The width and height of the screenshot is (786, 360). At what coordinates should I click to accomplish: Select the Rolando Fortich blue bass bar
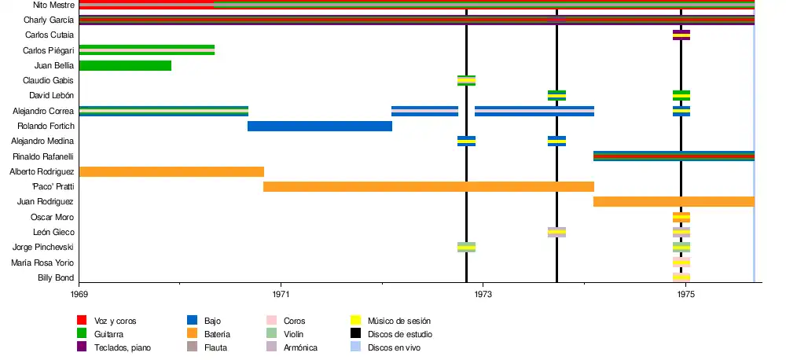tap(320, 126)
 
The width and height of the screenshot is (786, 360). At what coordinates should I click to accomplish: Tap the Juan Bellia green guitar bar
tap(125, 65)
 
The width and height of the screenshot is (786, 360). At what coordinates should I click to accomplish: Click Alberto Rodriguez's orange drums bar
tap(171, 171)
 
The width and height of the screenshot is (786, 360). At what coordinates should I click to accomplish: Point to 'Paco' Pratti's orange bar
tap(428, 186)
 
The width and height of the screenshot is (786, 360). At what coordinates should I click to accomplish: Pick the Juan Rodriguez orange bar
tap(674, 201)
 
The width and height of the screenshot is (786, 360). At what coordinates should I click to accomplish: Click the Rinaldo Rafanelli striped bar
tap(674, 156)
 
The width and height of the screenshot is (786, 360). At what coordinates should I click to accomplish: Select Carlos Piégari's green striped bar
tap(147, 50)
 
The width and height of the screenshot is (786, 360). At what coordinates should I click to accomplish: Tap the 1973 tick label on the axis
tap(483, 294)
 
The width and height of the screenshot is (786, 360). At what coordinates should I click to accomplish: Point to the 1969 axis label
tap(79, 294)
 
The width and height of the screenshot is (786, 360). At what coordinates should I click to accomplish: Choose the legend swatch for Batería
tap(192, 334)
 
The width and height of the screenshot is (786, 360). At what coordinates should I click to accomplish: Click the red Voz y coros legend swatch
tap(81, 321)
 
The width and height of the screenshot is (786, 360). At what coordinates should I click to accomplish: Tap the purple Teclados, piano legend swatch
tap(81, 347)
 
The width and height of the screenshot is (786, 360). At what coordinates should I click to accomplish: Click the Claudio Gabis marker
tap(466, 80)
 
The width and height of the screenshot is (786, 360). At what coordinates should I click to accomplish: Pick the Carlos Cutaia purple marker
tap(681, 35)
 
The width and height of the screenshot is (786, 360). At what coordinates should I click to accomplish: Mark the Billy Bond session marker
tap(681, 277)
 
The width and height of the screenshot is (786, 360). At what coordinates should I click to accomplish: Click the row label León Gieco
tap(53, 232)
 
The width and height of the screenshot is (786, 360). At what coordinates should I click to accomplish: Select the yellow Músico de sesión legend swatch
tap(355, 321)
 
